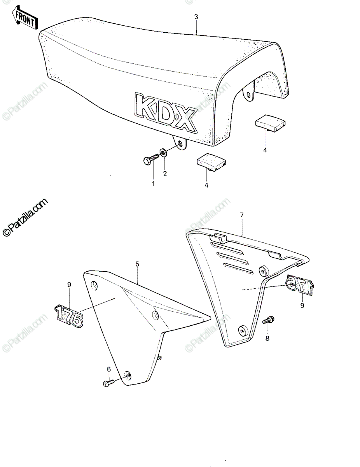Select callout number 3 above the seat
pyautogui.click(x=196, y=17)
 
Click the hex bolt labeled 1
pyautogui.click(x=151, y=160)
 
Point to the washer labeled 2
pyautogui.click(x=163, y=153)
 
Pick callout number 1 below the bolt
pyautogui.click(x=153, y=184)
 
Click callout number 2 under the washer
pyautogui.click(x=165, y=174)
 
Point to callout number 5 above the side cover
pyautogui.click(x=137, y=264)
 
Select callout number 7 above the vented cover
pyautogui.click(x=242, y=215)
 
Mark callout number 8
pyautogui.click(x=267, y=338)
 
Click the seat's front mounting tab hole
pyautogui.click(x=180, y=143)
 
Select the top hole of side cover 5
pyautogui.click(x=94, y=285)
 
